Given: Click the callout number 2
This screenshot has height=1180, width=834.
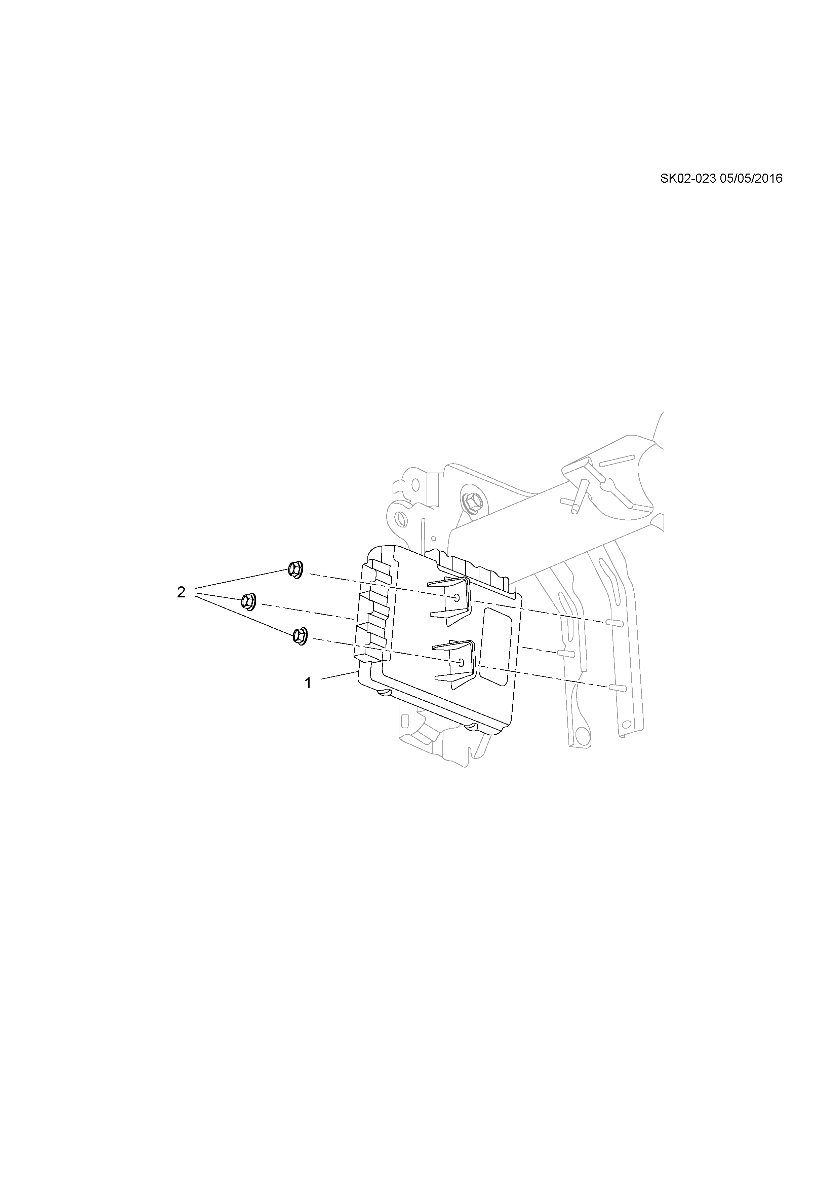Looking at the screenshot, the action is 181,593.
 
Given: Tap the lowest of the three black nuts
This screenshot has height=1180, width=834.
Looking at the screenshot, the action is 299,636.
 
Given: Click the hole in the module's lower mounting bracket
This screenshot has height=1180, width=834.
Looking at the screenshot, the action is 461,662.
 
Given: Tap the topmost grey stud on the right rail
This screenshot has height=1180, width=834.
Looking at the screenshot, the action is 615,623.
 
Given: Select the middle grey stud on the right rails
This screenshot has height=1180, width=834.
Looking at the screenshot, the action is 565,654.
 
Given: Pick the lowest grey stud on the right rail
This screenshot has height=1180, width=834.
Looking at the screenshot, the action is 617,688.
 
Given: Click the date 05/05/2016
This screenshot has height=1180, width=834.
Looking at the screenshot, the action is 751,179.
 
